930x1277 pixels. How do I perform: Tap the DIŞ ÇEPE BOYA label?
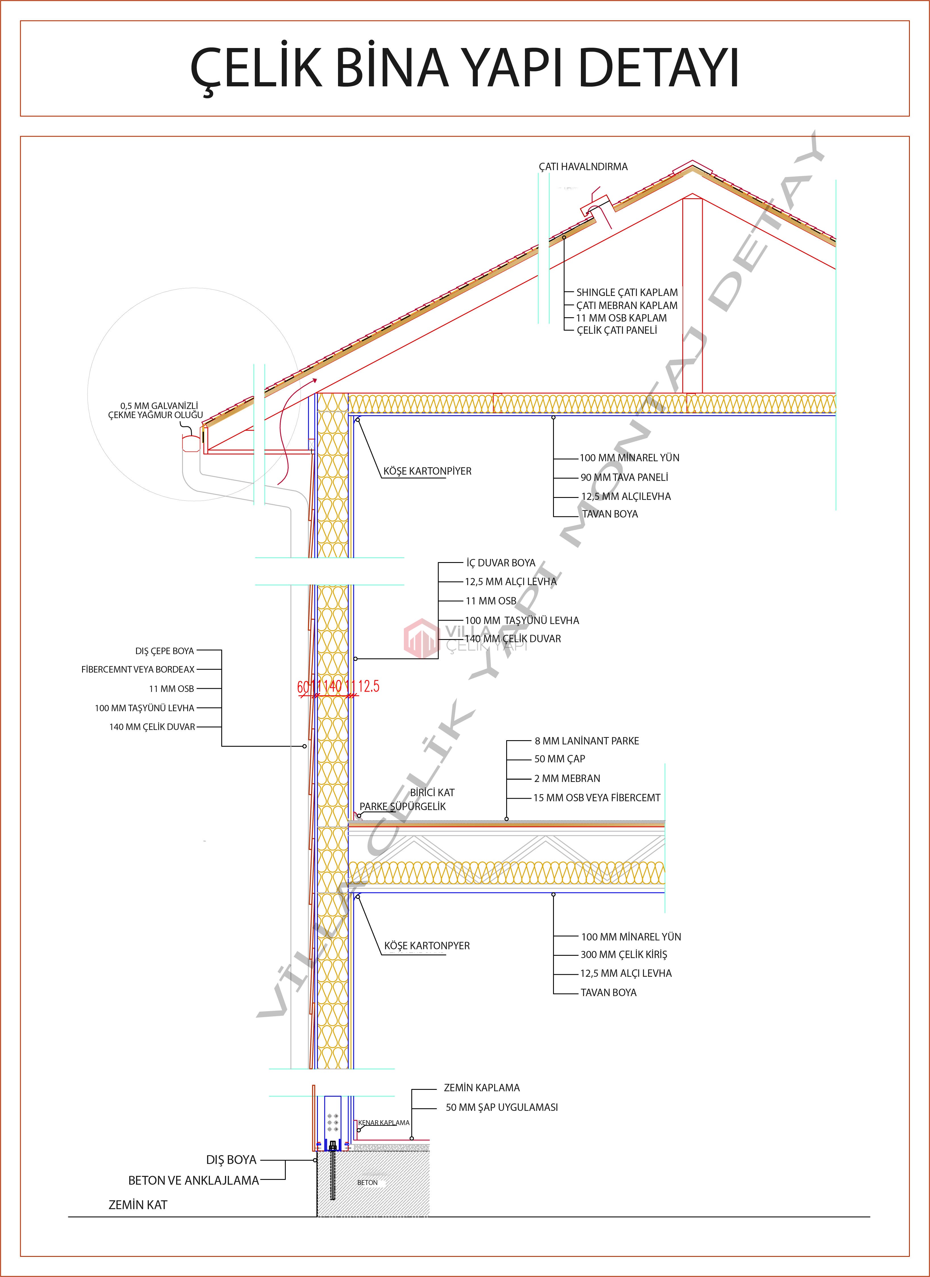click(x=164, y=651)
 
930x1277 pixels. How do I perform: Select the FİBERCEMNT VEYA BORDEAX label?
click(x=138, y=669)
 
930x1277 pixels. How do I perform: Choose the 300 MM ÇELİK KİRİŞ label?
click(x=624, y=954)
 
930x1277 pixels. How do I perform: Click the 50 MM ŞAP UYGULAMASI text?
click(x=502, y=1107)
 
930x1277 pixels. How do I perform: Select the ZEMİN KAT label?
click(x=138, y=1205)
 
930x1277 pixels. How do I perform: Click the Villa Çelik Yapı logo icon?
click(x=420, y=638)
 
